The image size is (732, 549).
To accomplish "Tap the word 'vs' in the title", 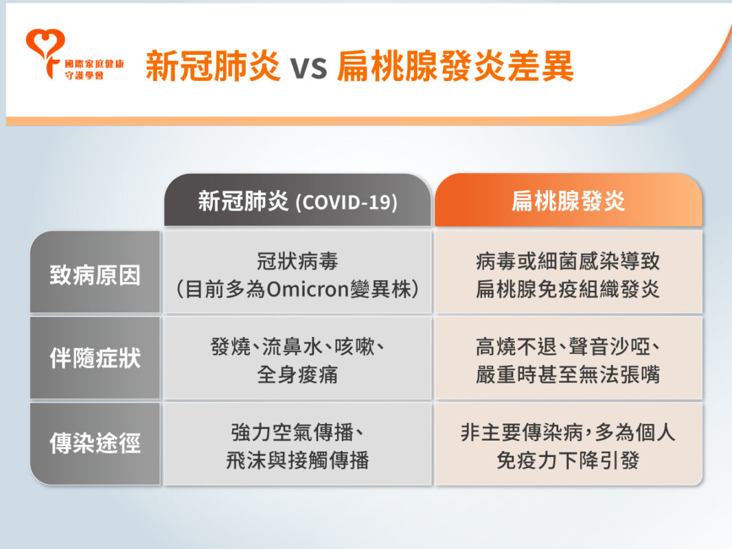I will [308, 67].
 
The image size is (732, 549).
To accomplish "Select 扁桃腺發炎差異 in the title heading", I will [455, 67].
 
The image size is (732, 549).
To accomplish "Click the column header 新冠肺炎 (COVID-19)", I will [297, 202].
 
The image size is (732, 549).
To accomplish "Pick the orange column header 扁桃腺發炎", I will [568, 202].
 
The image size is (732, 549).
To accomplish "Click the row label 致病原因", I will [95, 274].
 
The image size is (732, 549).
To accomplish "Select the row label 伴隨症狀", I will [95, 358].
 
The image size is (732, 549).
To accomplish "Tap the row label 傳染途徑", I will [95, 443].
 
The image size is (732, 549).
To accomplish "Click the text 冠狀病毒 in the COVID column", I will [297, 261].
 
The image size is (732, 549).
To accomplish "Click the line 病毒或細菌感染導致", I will [568, 261].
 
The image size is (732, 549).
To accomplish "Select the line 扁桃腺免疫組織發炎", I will [568, 290].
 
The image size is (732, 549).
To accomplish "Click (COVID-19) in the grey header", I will [346, 203].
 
